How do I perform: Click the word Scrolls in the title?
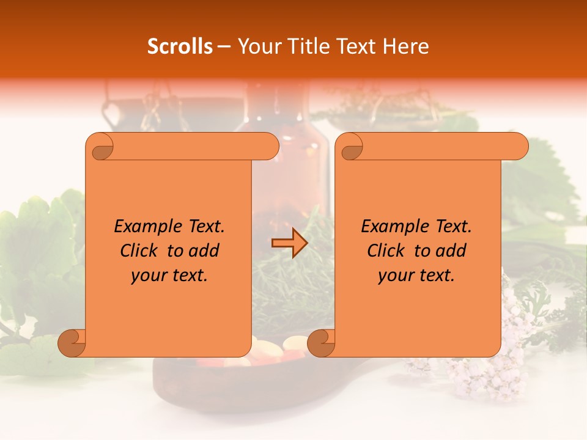(180, 46)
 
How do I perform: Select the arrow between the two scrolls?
(289, 243)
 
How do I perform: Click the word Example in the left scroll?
(144, 226)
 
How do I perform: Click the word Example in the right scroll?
(391, 226)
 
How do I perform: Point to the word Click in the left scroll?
(141, 251)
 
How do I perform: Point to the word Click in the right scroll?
(388, 251)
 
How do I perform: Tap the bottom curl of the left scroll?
(71, 343)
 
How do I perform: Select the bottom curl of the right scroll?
(320, 343)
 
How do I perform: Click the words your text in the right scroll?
(416, 276)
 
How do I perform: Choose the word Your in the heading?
(258, 46)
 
